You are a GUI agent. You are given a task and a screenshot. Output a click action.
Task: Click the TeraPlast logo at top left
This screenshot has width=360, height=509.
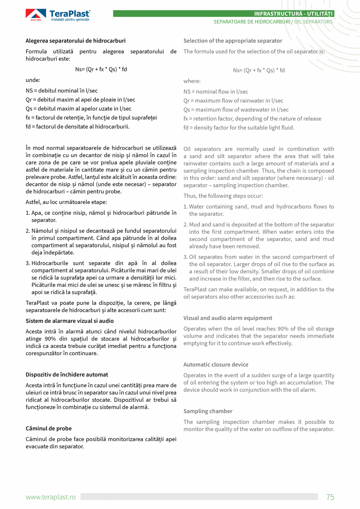click(58, 15)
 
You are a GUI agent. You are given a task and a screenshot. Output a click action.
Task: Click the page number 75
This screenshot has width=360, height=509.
click(330, 497)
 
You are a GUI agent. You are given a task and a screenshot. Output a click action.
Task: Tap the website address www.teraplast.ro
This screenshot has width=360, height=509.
click(50, 497)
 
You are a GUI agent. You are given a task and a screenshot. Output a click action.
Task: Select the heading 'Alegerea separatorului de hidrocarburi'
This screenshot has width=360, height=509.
click(76, 41)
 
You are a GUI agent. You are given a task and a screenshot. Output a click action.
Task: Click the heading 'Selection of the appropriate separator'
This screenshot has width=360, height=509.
click(232, 41)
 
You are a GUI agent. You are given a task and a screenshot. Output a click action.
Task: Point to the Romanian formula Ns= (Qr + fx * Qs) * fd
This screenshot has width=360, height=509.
click(101, 69)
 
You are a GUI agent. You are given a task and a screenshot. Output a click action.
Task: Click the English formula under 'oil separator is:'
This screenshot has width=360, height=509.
click(259, 70)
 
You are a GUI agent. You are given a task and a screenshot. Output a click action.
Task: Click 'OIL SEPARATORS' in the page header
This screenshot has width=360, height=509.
click(313, 22)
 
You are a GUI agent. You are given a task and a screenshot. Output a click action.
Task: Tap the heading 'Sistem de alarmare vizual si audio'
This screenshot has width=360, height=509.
click(70, 321)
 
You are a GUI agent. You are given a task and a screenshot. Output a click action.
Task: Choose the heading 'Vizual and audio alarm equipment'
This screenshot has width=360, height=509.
click(228, 318)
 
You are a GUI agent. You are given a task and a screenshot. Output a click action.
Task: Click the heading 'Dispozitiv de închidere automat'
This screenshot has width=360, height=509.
click(67, 374)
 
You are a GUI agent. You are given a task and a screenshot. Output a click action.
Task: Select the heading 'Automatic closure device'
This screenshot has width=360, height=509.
click(216, 365)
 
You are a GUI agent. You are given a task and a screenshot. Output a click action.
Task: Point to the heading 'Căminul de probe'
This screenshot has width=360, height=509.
click(49, 428)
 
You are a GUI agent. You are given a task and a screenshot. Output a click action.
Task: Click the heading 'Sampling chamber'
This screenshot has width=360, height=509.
click(208, 411)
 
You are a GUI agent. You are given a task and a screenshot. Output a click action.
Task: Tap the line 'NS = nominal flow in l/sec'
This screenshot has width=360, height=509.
click(216, 92)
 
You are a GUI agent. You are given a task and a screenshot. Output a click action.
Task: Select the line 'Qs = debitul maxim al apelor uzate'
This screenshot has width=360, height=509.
click(78, 109)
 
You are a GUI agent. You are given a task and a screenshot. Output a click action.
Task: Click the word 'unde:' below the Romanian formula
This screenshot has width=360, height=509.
click(33, 80)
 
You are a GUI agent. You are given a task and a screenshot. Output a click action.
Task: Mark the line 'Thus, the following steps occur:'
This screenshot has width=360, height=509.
click(223, 196)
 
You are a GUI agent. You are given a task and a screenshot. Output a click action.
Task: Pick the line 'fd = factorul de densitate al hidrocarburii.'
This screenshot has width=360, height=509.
click(77, 126)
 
